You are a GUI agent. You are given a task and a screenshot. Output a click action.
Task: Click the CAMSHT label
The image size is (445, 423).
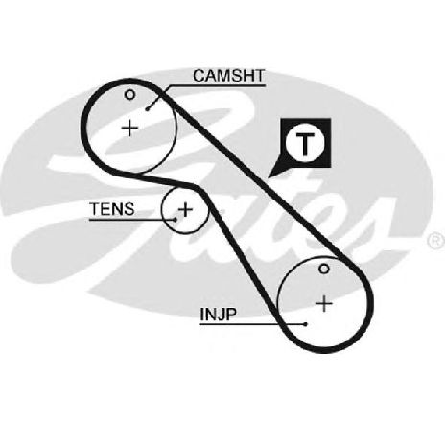click(x=229, y=76)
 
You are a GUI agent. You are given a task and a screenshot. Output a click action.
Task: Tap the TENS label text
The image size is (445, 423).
click(x=112, y=209)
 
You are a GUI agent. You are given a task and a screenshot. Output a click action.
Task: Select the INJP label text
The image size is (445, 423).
click(x=219, y=314)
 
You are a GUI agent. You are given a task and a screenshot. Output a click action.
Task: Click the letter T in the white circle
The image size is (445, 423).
click(x=305, y=144)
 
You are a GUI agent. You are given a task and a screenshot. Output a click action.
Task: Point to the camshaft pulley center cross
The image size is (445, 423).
click(x=129, y=129)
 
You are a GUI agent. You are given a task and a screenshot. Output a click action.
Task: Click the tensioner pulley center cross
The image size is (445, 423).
click(x=185, y=210)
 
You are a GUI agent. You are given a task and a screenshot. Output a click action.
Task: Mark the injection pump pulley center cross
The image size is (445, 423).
click(x=324, y=303)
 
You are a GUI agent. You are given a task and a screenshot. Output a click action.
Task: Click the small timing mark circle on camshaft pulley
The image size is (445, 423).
click(x=129, y=95)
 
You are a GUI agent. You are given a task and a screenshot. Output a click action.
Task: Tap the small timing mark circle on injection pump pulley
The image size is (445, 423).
click(x=324, y=269)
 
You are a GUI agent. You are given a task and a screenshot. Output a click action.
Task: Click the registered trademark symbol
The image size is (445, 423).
click(x=435, y=241)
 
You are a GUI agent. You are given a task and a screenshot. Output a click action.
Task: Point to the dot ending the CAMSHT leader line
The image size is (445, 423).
click(x=147, y=109)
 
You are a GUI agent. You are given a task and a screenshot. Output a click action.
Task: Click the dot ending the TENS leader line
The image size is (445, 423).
click(x=176, y=220)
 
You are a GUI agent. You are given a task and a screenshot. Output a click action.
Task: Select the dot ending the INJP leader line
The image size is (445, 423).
click(x=306, y=324)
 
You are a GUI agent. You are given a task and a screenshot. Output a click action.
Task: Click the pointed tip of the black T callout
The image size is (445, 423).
click(x=269, y=177)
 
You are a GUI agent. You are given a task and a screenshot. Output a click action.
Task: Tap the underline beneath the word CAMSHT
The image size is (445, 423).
click(x=218, y=85)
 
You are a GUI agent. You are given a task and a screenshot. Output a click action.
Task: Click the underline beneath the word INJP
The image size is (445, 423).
click(x=252, y=324)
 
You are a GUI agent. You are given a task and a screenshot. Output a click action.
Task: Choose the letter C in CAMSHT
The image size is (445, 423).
click(x=199, y=76)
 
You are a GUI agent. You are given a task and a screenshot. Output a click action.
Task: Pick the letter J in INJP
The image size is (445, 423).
click(x=219, y=315)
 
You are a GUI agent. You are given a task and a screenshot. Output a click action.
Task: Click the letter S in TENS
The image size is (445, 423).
click(x=129, y=209)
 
